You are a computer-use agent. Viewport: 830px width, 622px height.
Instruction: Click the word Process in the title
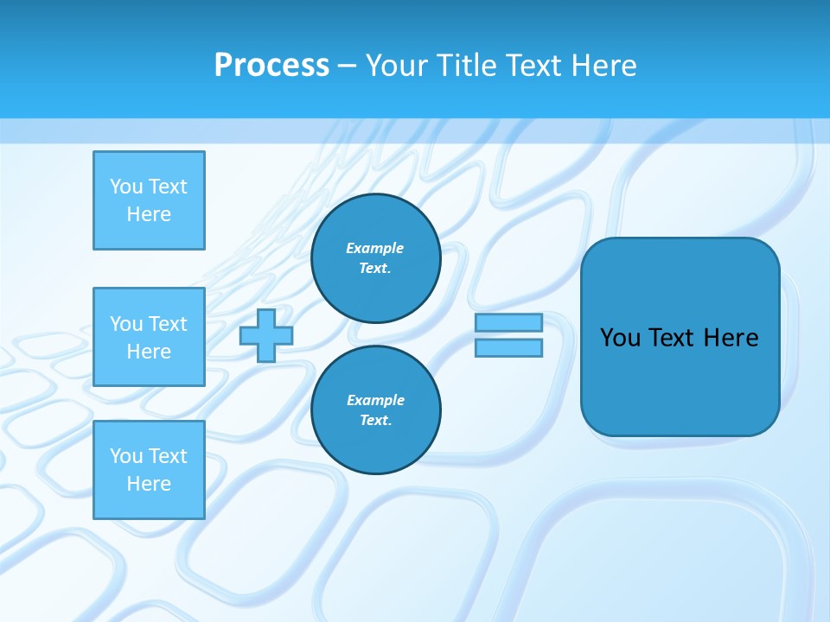pyautogui.click(x=271, y=66)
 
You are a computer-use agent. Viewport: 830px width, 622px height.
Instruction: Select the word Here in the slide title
pyautogui.click(x=603, y=66)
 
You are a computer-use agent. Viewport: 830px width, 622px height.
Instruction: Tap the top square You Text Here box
pyautogui.click(x=149, y=200)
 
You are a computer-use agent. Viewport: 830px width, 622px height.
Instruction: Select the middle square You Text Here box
pyautogui.click(x=149, y=337)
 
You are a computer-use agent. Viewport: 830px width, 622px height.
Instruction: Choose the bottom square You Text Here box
pyautogui.click(x=149, y=470)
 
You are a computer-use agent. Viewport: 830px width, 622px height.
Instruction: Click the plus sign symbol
pyautogui.click(x=266, y=335)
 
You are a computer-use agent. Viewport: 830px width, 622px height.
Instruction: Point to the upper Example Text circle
pyautogui.click(x=375, y=258)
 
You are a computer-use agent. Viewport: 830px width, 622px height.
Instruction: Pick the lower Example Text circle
pyautogui.click(x=375, y=410)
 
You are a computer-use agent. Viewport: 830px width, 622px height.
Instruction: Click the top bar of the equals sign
pyautogui.click(x=508, y=323)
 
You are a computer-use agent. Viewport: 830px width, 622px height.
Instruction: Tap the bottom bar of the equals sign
pyautogui.click(x=508, y=348)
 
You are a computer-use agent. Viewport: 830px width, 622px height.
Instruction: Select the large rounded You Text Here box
pyautogui.click(x=680, y=337)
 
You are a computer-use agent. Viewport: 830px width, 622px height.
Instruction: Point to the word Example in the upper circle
pyautogui.click(x=375, y=248)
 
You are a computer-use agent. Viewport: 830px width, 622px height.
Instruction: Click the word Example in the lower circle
pyautogui.click(x=375, y=400)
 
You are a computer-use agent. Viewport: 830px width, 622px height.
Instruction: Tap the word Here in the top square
pyautogui.click(x=149, y=214)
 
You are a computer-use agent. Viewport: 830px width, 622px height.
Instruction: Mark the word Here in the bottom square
pyautogui.click(x=149, y=484)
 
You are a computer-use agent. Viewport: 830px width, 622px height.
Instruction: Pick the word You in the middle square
pyautogui.click(x=125, y=324)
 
